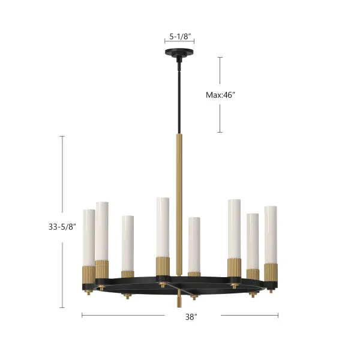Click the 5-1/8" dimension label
point(180,36)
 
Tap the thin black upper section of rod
point(179,96)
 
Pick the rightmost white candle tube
point(271,234)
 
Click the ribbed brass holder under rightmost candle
point(271,272)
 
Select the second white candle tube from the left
point(102,231)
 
